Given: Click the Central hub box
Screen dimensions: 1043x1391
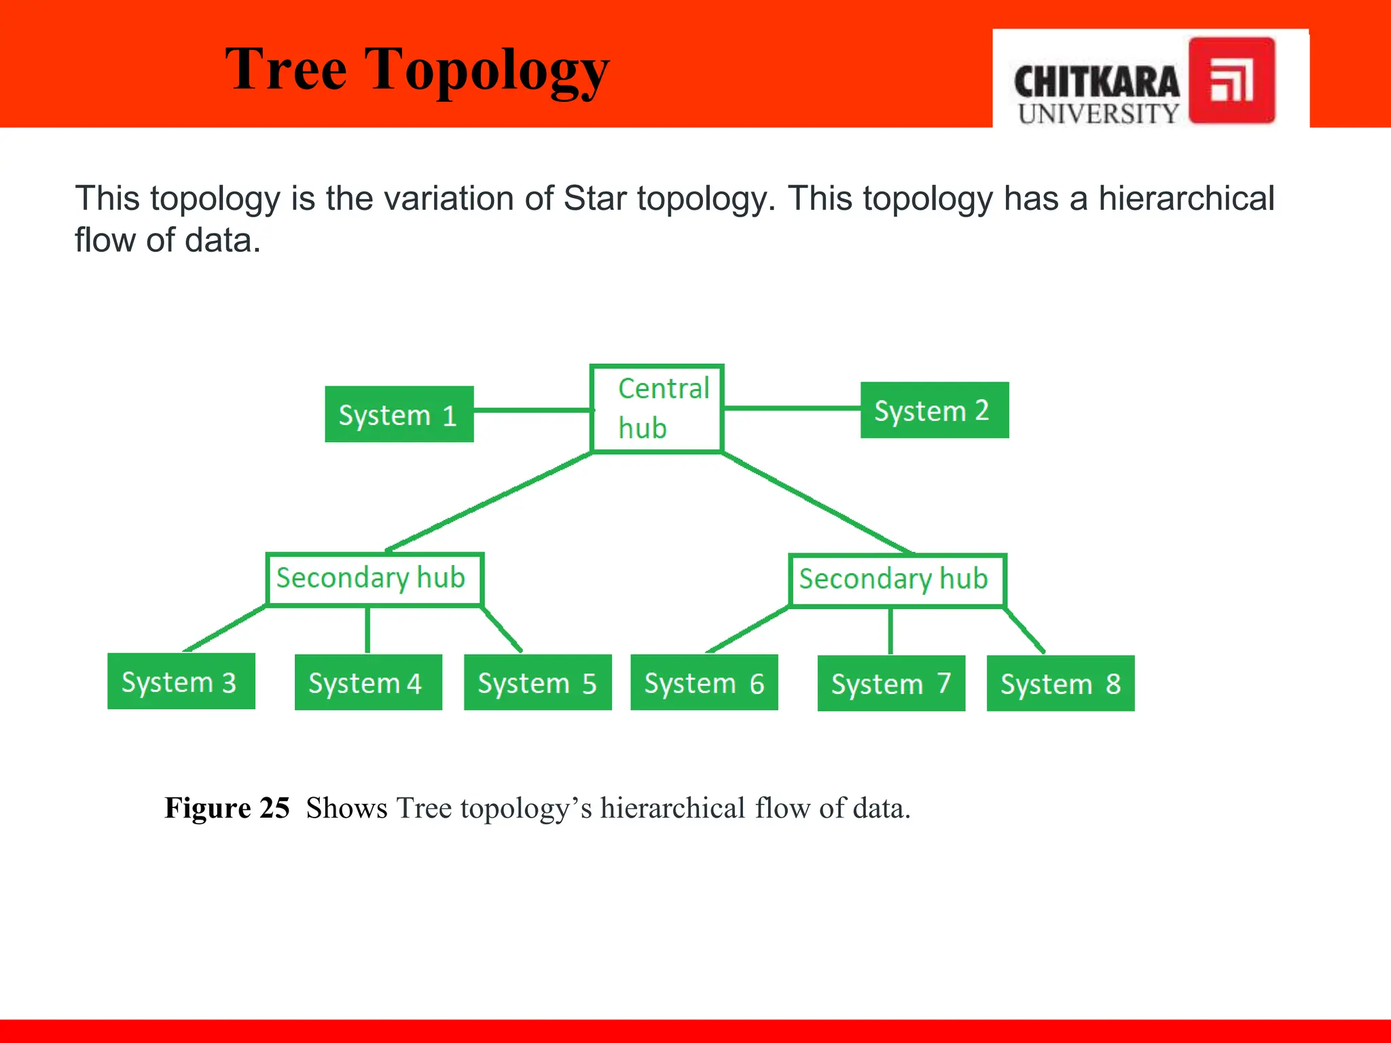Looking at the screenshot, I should click(x=657, y=409).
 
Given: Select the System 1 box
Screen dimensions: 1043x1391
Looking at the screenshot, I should click(x=399, y=414).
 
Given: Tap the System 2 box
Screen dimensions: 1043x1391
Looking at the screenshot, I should click(x=935, y=410).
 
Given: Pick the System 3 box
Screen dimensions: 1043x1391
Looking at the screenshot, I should click(x=181, y=681).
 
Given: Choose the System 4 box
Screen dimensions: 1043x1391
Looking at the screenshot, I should click(x=368, y=682).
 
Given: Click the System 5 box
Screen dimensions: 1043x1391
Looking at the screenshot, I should click(x=537, y=682).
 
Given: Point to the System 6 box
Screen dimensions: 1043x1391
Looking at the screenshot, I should click(x=704, y=682).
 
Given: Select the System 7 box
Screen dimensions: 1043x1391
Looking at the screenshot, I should click(x=891, y=683).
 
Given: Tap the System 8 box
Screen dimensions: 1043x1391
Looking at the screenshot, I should click(x=1060, y=683).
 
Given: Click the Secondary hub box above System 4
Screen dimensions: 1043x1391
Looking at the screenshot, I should click(x=374, y=579).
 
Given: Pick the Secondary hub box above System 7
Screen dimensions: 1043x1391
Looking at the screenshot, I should click(x=897, y=580).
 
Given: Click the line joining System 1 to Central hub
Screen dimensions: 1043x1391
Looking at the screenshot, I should click(x=532, y=410).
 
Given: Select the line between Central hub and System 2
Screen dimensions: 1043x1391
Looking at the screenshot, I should click(x=792, y=408).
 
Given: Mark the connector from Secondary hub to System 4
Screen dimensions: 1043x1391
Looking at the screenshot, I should click(x=367, y=630).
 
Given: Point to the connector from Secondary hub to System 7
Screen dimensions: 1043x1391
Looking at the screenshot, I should click(x=890, y=632).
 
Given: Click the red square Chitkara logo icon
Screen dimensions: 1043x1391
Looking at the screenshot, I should click(x=1231, y=80).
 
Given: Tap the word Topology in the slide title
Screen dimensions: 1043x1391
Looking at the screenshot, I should click(x=487, y=70).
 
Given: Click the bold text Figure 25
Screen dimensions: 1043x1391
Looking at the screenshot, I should click(x=227, y=808).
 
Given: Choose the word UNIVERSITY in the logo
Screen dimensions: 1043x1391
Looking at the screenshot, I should click(x=1098, y=113).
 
